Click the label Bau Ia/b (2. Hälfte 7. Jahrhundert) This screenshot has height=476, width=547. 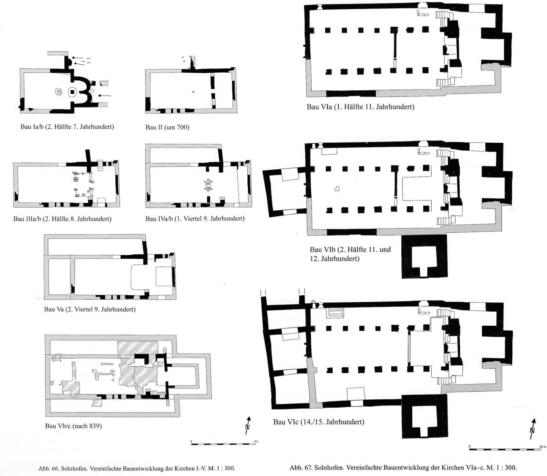(67, 126)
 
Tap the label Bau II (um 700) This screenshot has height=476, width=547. (167, 127)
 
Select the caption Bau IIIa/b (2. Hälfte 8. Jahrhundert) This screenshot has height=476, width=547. (62, 219)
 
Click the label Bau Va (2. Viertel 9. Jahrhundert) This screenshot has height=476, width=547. (90, 309)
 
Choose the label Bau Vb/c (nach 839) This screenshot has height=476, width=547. (73, 426)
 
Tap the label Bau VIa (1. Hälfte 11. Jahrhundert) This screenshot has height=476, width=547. (361, 107)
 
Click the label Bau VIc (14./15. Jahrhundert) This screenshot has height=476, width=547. (319, 422)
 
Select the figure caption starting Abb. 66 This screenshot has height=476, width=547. (136, 469)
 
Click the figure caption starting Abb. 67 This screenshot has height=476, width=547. (403, 468)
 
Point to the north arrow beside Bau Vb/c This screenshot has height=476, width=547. (248, 425)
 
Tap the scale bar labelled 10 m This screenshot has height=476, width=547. (506, 449)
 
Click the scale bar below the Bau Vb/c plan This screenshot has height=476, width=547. (223, 444)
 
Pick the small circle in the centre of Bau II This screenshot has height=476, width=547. (193, 92)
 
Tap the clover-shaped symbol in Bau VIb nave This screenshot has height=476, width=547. (337, 189)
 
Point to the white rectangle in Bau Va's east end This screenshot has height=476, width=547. (163, 276)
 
